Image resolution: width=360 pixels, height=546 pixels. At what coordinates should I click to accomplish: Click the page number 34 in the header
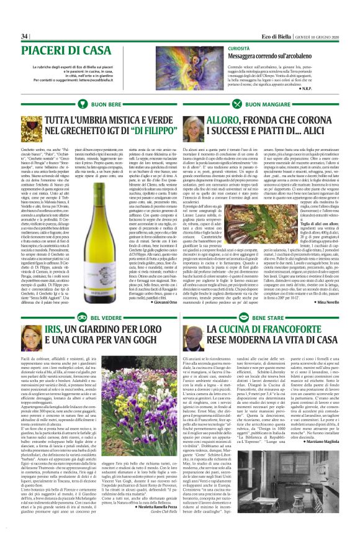tap(25, 36)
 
